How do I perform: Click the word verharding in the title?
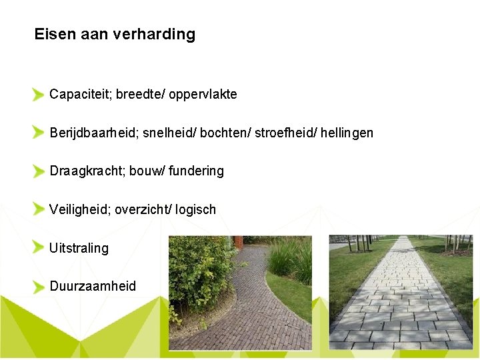tap(154, 35)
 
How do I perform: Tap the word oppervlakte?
tap(203, 95)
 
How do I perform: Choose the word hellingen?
tap(347, 133)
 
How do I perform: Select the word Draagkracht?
tap(86, 171)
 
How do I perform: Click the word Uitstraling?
tap(79, 248)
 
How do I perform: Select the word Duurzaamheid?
tap(93, 286)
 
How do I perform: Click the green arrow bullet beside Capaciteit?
tap(39, 95)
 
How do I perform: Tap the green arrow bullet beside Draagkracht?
tap(39, 171)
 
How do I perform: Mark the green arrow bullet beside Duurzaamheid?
tap(39, 287)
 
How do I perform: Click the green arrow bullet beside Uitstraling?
tap(39, 248)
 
